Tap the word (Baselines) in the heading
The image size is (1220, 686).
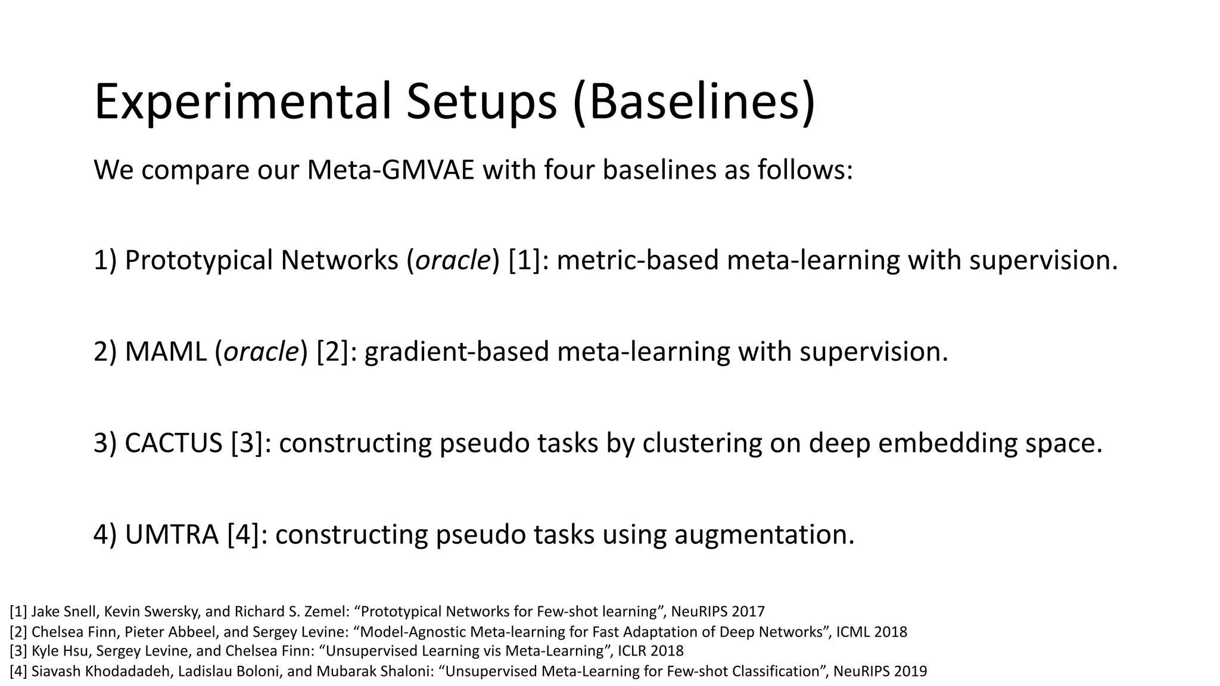(693, 102)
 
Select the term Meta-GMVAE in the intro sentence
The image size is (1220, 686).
(391, 170)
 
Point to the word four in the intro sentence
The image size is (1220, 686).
(569, 170)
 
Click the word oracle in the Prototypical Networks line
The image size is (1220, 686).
(453, 260)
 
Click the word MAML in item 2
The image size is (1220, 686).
(166, 351)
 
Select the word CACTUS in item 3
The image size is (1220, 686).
(173, 443)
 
